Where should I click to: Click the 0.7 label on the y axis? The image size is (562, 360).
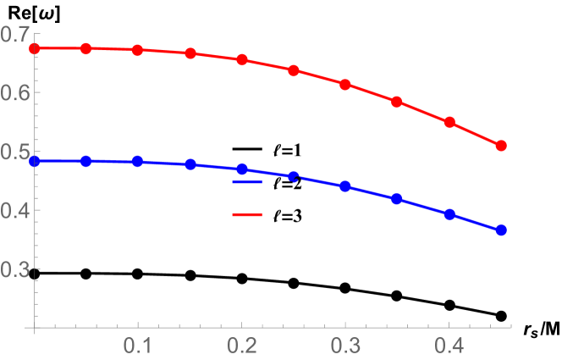coord(15,35)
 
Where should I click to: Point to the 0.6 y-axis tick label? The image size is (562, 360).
coord(15,93)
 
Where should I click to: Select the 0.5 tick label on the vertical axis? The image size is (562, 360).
coord(15,152)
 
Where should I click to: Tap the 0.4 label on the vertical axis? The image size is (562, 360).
coord(15,211)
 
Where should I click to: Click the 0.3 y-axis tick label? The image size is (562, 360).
coord(15,269)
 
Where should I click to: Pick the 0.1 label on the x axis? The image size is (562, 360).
coord(138,346)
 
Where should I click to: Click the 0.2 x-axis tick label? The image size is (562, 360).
coord(242,346)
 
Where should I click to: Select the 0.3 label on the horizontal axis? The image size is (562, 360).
coord(345,346)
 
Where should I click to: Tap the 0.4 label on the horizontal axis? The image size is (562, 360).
coord(449,346)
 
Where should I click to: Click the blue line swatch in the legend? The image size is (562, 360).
coord(247,181)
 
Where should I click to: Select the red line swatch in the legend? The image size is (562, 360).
coord(247,214)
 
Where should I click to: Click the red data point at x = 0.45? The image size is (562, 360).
coord(501,146)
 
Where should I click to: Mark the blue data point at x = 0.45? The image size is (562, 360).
coord(501,230)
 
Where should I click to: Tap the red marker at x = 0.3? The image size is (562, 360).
coord(345,85)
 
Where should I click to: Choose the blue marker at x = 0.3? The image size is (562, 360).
coord(345,186)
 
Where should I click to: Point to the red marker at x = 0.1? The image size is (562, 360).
coord(138,50)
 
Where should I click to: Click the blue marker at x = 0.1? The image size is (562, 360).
coord(138,161)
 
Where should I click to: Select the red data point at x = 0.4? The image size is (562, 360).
coord(449,122)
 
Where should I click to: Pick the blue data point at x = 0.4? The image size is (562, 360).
coord(449,214)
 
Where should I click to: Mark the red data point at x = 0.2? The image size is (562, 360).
coord(242,59)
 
